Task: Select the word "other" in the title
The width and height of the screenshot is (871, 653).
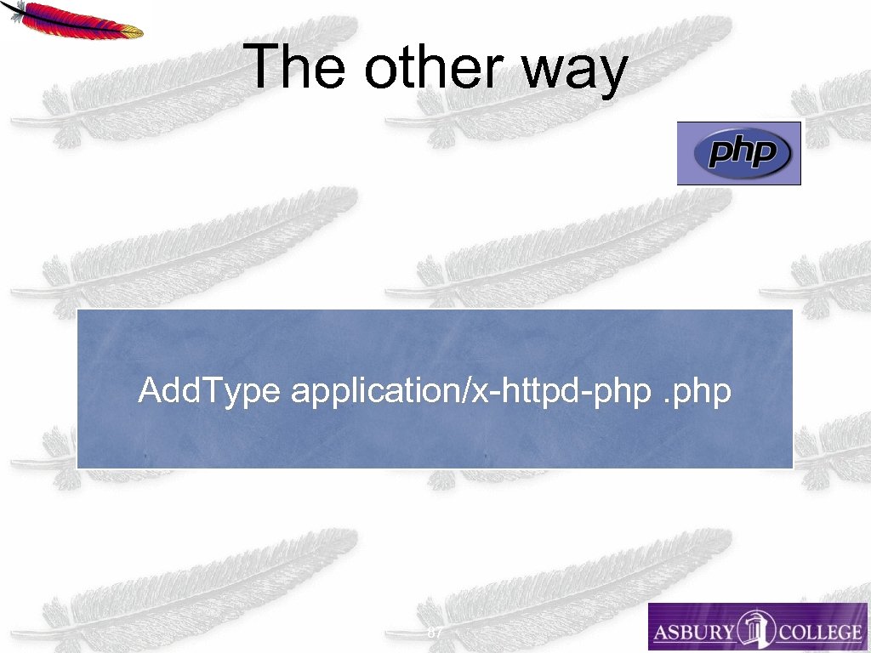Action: [433, 67]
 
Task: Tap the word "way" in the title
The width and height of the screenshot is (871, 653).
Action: [574, 71]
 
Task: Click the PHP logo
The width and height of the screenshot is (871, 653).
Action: [739, 154]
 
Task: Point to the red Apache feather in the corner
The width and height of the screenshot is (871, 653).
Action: [71, 20]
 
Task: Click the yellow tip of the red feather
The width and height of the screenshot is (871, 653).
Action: [132, 32]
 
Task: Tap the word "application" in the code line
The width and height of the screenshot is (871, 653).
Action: [374, 392]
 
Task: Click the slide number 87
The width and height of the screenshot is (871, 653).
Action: [435, 633]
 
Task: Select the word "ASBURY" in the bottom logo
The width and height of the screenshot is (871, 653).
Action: [693, 633]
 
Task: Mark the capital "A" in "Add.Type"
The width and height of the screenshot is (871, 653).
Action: [149, 391]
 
